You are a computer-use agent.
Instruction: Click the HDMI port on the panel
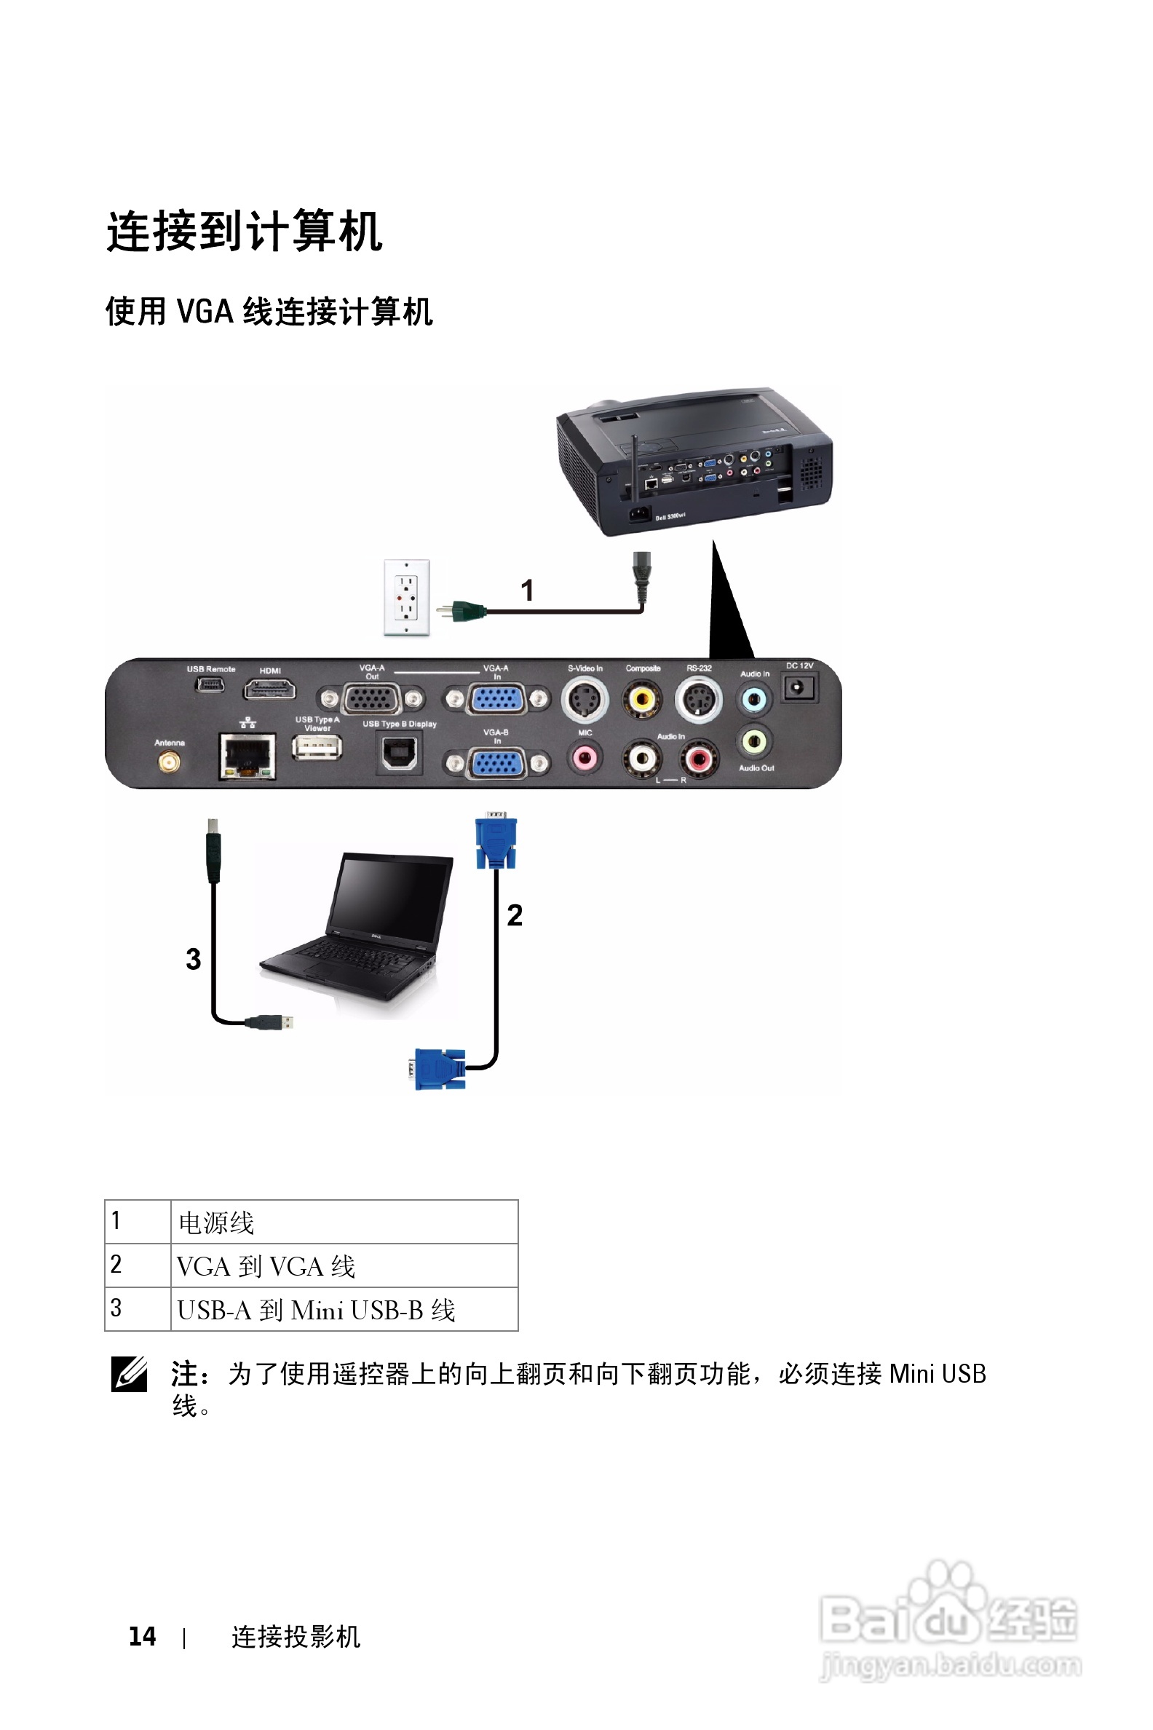[269, 690]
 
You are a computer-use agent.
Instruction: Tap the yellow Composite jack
[642, 698]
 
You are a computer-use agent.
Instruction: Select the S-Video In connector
[585, 699]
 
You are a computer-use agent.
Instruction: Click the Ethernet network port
[247, 755]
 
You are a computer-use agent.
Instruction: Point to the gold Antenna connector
[169, 762]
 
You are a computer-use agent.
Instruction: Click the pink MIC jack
[585, 757]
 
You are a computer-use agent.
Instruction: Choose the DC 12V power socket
[799, 689]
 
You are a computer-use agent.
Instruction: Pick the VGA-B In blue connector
[497, 764]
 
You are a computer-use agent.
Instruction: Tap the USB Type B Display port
[400, 754]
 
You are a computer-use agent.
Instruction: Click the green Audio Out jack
[754, 741]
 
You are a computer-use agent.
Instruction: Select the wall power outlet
[407, 597]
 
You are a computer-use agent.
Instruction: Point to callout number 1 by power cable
[527, 590]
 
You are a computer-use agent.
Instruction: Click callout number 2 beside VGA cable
[515, 915]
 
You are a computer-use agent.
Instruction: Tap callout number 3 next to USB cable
[194, 958]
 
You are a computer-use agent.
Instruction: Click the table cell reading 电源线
[344, 1223]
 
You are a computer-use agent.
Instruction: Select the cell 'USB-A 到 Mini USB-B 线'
[344, 1310]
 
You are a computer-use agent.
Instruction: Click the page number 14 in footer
[143, 1637]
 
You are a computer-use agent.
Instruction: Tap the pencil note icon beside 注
[130, 1373]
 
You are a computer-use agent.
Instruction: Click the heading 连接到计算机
[245, 231]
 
